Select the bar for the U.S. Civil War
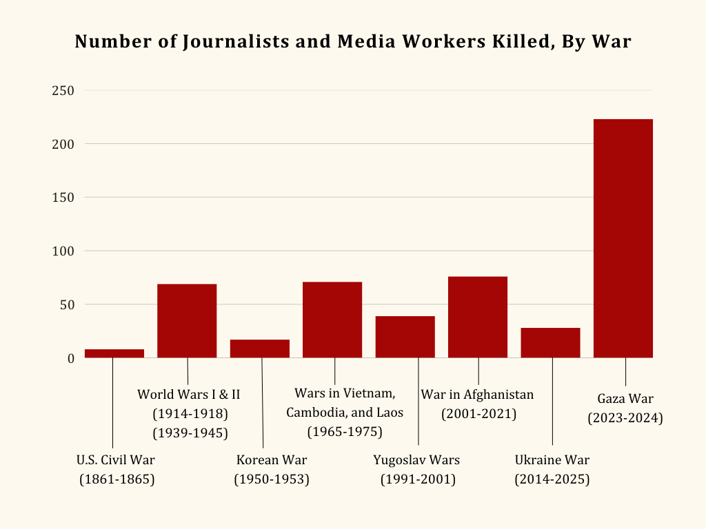(114, 353)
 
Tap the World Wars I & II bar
(187, 321)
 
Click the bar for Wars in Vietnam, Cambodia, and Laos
(332, 320)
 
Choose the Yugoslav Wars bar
(405, 337)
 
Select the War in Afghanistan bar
(478, 317)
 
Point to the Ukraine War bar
(550, 342)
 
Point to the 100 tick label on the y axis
(63, 251)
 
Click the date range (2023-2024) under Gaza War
(625, 418)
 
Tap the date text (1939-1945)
(190, 433)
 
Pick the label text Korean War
(272, 460)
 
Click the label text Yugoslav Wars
(416, 460)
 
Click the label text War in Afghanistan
(478, 395)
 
